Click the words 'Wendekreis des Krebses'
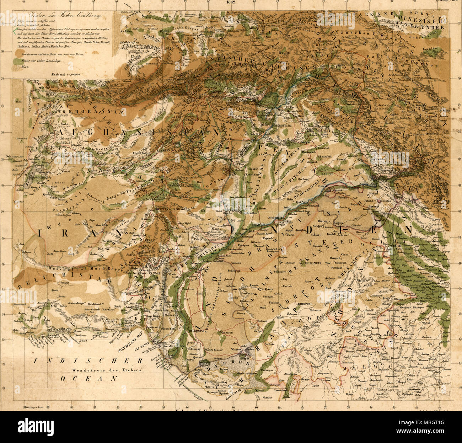pos(106,370)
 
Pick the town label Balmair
pos(262,321)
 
